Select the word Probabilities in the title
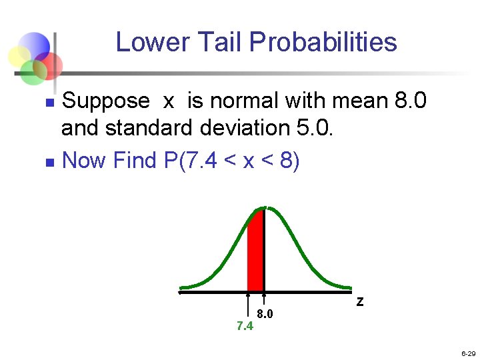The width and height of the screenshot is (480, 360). point(323,42)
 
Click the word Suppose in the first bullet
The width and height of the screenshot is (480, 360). point(105,102)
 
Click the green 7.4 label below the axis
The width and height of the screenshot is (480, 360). point(245,326)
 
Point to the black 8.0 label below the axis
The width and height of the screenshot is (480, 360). point(265,314)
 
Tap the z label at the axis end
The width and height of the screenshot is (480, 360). point(359,302)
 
